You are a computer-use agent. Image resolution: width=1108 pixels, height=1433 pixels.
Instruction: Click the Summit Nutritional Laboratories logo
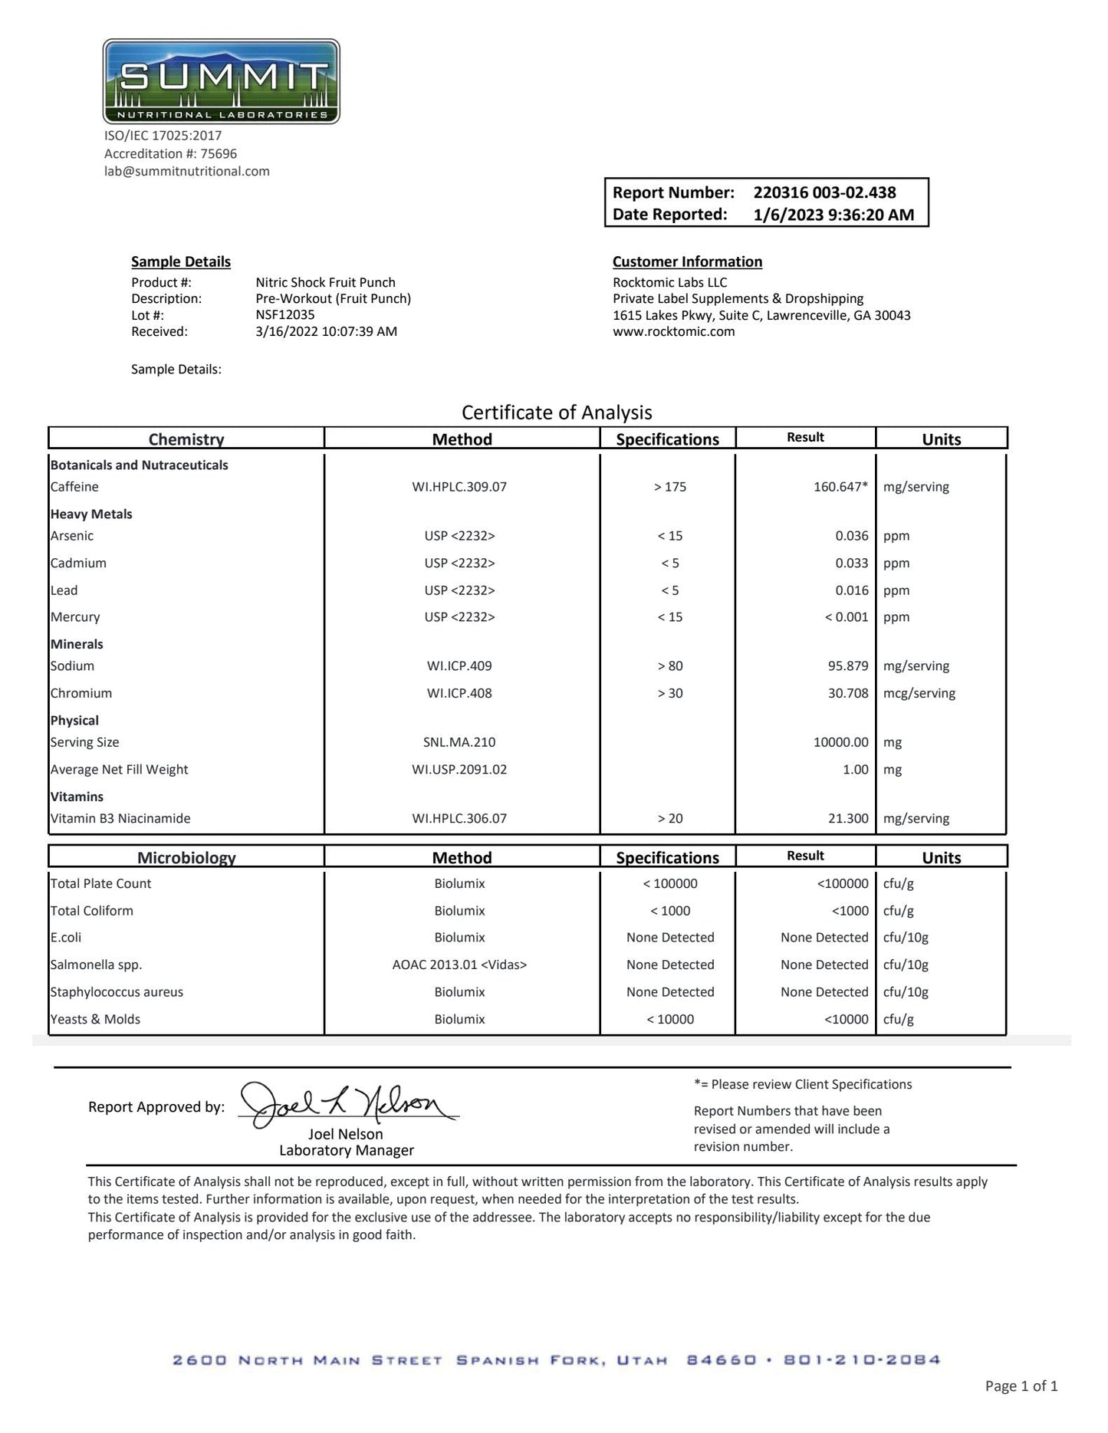221,81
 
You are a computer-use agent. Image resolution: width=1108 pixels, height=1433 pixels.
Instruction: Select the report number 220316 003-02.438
824,192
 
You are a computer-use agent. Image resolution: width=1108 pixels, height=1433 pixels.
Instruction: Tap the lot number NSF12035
284,315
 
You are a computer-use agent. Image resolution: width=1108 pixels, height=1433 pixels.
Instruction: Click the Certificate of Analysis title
557,412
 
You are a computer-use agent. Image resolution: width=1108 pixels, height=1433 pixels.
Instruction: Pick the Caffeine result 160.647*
840,487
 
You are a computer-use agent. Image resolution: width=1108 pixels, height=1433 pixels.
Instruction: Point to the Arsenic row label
72,536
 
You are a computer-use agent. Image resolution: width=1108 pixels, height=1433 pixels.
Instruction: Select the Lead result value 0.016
852,590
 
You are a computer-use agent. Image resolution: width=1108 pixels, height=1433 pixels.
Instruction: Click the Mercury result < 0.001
847,617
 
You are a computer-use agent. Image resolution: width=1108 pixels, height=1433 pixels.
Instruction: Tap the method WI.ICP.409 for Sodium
459,666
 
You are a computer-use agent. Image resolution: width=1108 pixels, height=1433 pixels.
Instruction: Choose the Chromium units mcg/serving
919,693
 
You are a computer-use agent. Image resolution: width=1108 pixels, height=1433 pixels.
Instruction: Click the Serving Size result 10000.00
840,742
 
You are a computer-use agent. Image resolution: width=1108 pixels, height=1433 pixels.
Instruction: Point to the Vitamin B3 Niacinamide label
120,819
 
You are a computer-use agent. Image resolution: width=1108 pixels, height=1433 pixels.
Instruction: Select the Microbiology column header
186,857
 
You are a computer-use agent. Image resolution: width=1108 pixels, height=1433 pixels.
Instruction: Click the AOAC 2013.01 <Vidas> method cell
459,965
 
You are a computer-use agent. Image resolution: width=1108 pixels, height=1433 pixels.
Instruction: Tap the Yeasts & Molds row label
95,1019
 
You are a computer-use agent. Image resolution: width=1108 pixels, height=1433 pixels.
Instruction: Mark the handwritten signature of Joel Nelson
345,1106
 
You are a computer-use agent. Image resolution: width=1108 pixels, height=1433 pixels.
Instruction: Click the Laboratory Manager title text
347,1150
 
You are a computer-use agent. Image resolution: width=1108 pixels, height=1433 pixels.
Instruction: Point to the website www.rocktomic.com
673,331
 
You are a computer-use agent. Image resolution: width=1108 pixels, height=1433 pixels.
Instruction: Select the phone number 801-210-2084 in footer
862,1360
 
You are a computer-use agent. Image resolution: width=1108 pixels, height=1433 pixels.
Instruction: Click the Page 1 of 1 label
1021,1385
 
